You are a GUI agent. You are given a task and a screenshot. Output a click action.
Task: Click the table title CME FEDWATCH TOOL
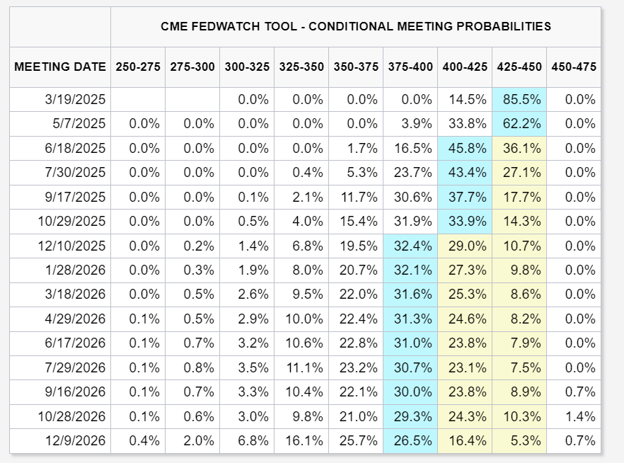coord(356,27)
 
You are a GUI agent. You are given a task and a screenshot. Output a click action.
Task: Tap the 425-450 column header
coord(519,67)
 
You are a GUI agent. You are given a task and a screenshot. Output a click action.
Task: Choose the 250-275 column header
coord(137,67)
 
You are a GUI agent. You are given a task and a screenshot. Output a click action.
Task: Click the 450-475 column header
coord(574,67)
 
